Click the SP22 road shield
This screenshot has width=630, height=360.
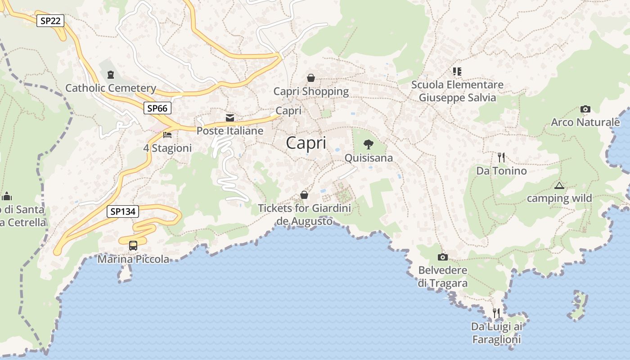coord(50,20)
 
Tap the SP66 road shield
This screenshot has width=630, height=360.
coord(157,108)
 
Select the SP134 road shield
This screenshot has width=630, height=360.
coord(123,211)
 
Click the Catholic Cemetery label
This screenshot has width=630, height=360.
coord(111,88)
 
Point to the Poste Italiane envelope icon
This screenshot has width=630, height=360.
coord(230,118)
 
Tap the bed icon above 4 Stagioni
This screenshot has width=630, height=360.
coord(167,135)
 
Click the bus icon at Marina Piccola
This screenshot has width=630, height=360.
coord(133,246)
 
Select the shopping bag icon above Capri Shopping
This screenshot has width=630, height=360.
coord(310,78)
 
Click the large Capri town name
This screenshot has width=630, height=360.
coord(306,143)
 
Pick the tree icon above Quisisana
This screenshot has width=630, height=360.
coord(369,144)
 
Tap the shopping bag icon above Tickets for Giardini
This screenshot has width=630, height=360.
coord(304,195)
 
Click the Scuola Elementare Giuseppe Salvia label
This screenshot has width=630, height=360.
coord(457,91)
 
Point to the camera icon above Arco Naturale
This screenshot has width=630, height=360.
coord(585,109)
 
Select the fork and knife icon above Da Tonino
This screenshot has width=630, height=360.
coord(501,157)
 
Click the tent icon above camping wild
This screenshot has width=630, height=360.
coord(559,185)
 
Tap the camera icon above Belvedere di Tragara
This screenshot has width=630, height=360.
coord(443,257)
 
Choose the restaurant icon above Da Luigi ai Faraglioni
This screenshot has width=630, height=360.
coord(496,313)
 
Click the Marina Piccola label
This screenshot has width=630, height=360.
coord(133,259)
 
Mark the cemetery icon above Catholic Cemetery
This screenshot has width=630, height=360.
coord(111,74)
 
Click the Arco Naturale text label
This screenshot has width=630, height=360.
coord(585,122)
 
